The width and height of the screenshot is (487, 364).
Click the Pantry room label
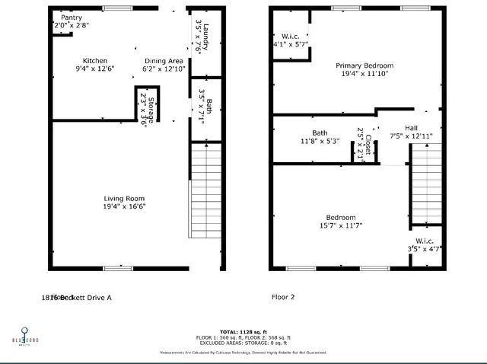click(71, 17)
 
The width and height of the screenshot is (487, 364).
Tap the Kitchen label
click(95, 61)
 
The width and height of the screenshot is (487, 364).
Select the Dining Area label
click(163, 61)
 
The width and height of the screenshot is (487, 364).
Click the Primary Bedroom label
click(364, 65)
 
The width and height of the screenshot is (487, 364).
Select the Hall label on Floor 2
click(411, 128)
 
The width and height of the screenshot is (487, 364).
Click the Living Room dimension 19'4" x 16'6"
click(124, 206)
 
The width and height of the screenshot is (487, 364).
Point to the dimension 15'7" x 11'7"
click(341, 225)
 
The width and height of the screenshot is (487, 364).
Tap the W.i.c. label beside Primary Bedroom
click(290, 35)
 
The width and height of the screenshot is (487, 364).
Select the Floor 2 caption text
click(282, 298)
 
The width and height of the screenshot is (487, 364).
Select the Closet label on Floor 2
click(368, 145)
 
